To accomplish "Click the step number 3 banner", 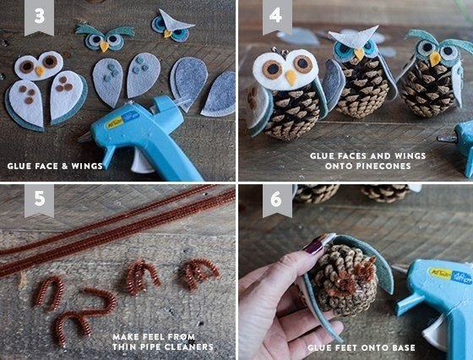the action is [39, 17].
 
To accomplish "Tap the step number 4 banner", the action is [277, 17].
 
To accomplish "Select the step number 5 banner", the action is [39, 199].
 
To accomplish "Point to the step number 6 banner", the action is [277, 199].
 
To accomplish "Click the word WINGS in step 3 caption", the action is [87, 166].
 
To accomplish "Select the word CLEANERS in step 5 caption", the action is [188, 346].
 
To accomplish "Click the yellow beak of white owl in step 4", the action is [291, 78].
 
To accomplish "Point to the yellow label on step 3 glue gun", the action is [115, 123].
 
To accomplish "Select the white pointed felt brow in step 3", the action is [174, 20].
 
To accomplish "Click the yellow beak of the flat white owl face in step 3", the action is [41, 71].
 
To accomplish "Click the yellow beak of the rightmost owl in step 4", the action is [434, 58].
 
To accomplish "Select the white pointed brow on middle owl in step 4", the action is [356, 37].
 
